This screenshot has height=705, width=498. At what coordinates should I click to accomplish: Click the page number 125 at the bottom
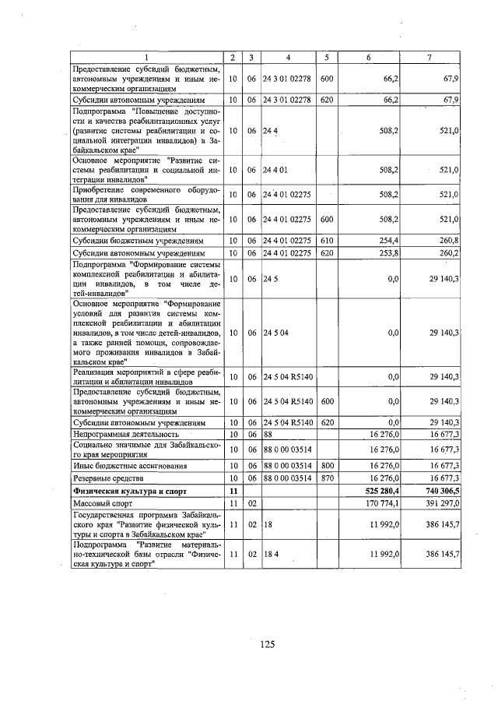[x=268, y=643]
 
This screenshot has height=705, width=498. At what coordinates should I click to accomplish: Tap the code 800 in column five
[x=326, y=464]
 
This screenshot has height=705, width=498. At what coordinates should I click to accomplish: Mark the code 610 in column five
[x=326, y=241]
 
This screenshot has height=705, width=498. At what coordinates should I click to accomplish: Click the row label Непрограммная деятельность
[x=126, y=433]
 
